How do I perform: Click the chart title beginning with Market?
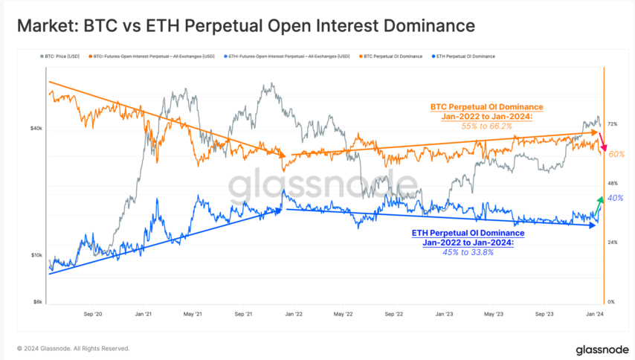[x=245, y=27]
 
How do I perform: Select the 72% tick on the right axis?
[x=613, y=123]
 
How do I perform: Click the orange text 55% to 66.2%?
[x=487, y=127]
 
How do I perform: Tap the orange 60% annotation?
[x=616, y=154]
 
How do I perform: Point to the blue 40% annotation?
[x=615, y=198]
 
